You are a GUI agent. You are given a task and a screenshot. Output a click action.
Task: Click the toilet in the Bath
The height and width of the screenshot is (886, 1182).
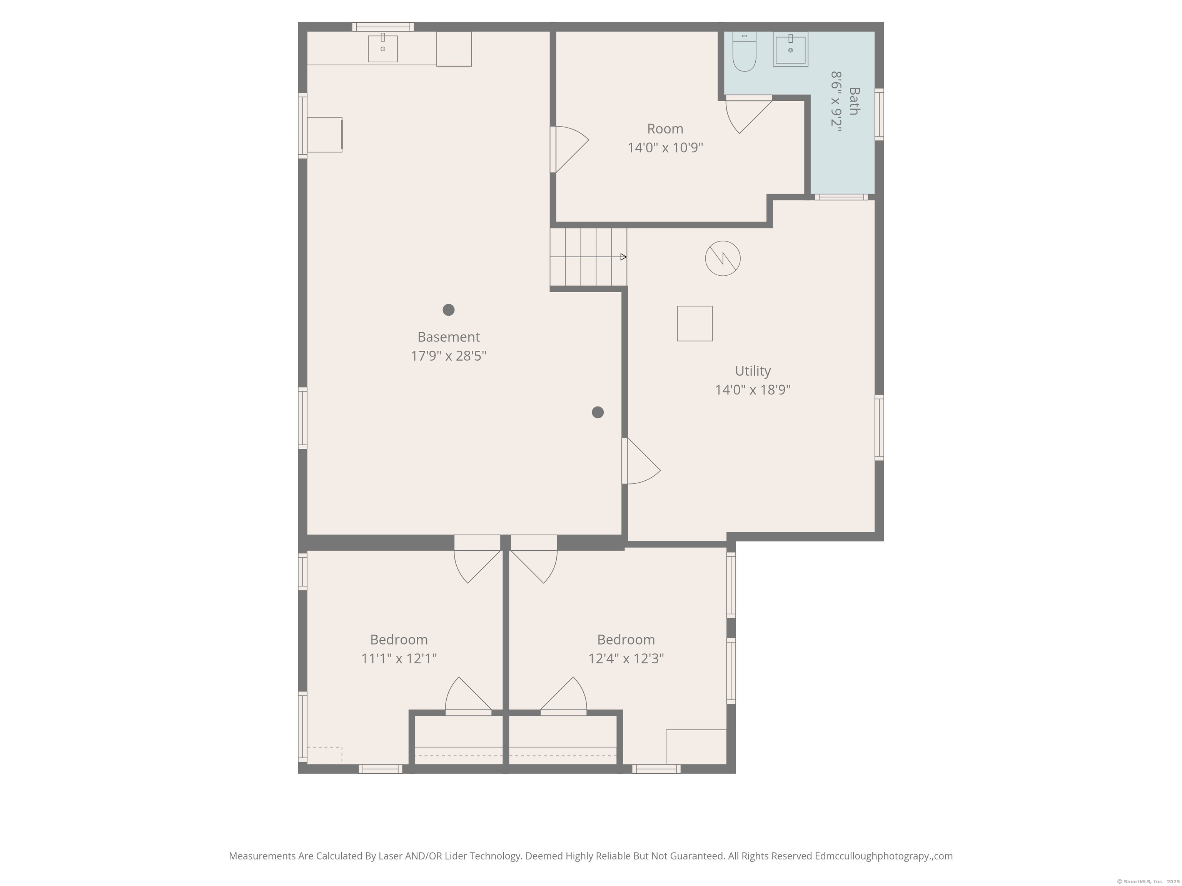pos(745,52)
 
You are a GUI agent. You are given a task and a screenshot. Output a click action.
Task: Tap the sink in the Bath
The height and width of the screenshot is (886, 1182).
pos(790,49)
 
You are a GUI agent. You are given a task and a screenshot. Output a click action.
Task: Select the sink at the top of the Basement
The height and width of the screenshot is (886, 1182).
pos(382,48)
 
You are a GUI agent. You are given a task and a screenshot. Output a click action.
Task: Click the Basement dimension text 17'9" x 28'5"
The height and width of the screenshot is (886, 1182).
pos(448,356)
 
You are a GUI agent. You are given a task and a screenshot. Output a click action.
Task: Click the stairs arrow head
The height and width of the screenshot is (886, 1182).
pos(624,257)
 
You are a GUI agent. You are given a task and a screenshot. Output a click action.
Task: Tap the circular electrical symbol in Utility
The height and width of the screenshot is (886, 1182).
pos(723,258)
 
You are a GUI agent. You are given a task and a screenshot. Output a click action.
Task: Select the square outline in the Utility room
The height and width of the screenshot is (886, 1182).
pos(695,323)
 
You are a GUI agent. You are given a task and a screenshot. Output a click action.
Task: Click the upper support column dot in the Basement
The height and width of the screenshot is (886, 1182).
pos(448,310)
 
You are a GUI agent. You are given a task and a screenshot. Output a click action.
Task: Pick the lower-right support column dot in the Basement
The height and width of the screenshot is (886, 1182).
pos(598,412)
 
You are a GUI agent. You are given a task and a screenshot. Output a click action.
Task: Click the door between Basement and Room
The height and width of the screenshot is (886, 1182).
pos(569,150)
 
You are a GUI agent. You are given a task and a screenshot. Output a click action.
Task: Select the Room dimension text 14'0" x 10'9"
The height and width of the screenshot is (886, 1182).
pos(665,147)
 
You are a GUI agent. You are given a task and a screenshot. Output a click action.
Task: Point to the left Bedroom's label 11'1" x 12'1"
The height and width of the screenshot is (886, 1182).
pos(399,658)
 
